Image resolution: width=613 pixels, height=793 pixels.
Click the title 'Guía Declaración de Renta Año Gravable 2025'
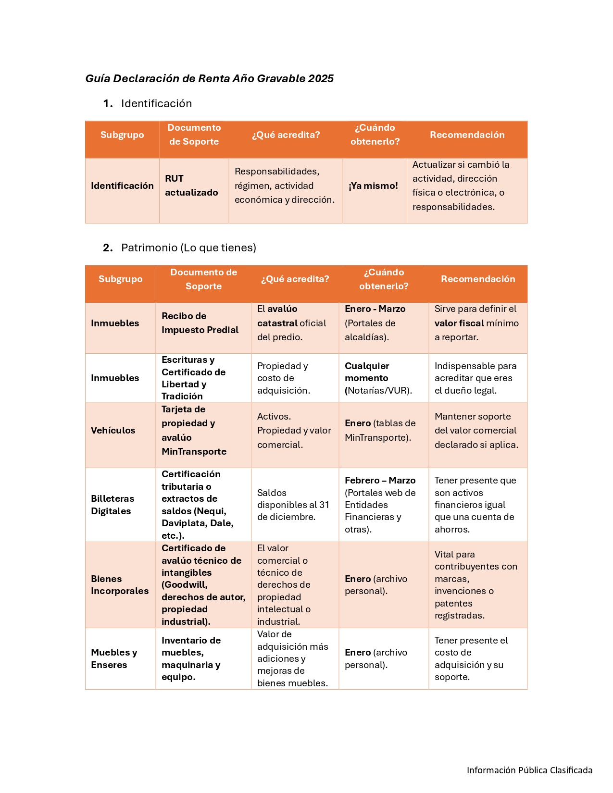pos(209,78)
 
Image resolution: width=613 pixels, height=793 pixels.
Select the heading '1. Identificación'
pos(156,103)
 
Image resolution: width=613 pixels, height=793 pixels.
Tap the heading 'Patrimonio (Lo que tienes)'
pos(188,248)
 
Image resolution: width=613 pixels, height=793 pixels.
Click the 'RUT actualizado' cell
pos(191,186)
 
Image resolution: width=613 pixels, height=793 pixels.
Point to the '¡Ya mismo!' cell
pos(374,186)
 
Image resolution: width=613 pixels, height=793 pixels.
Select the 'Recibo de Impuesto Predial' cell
pos(200,323)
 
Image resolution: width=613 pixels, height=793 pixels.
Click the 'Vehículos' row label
pos(113,430)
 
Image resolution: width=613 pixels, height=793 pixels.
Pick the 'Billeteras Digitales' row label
pos(113,505)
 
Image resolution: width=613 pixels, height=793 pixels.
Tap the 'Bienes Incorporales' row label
pos(120,585)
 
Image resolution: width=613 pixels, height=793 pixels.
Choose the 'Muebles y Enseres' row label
pos(114,658)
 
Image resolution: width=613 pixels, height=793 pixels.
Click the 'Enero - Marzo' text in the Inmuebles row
pos(375,309)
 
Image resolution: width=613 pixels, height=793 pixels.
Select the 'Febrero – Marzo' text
pos(380,480)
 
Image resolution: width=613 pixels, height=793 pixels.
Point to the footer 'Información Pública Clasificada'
pos(529,770)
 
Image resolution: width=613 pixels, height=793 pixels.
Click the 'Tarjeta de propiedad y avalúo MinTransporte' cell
pos(194,430)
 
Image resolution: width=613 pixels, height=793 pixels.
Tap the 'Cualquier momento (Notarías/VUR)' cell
pos(378,378)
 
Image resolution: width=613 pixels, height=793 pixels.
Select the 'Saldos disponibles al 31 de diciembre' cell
pos(293,505)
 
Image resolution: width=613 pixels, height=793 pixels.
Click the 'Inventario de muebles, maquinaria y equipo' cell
pos(191,658)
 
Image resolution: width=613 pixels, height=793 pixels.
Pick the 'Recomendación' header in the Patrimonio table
pos(478,279)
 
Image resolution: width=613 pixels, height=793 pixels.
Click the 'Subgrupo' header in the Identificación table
pos(122,135)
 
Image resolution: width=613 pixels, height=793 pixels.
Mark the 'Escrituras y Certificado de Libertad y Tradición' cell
pos(193,378)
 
